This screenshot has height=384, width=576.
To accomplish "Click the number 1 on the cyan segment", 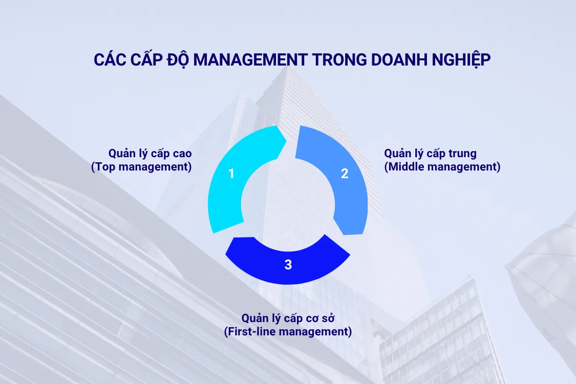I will click(231, 174).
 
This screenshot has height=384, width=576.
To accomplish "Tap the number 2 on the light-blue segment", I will click(345, 174).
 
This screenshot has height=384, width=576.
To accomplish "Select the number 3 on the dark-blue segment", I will click(288, 265).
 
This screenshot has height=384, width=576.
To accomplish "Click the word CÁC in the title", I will click(110, 60).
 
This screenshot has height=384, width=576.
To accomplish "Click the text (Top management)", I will click(141, 167).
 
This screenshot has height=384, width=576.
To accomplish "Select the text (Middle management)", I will click(442, 167).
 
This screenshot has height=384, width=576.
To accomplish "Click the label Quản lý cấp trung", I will click(430, 153).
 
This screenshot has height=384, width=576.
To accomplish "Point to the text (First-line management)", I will click(288, 332).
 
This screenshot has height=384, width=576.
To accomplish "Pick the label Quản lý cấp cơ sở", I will click(288, 318).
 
